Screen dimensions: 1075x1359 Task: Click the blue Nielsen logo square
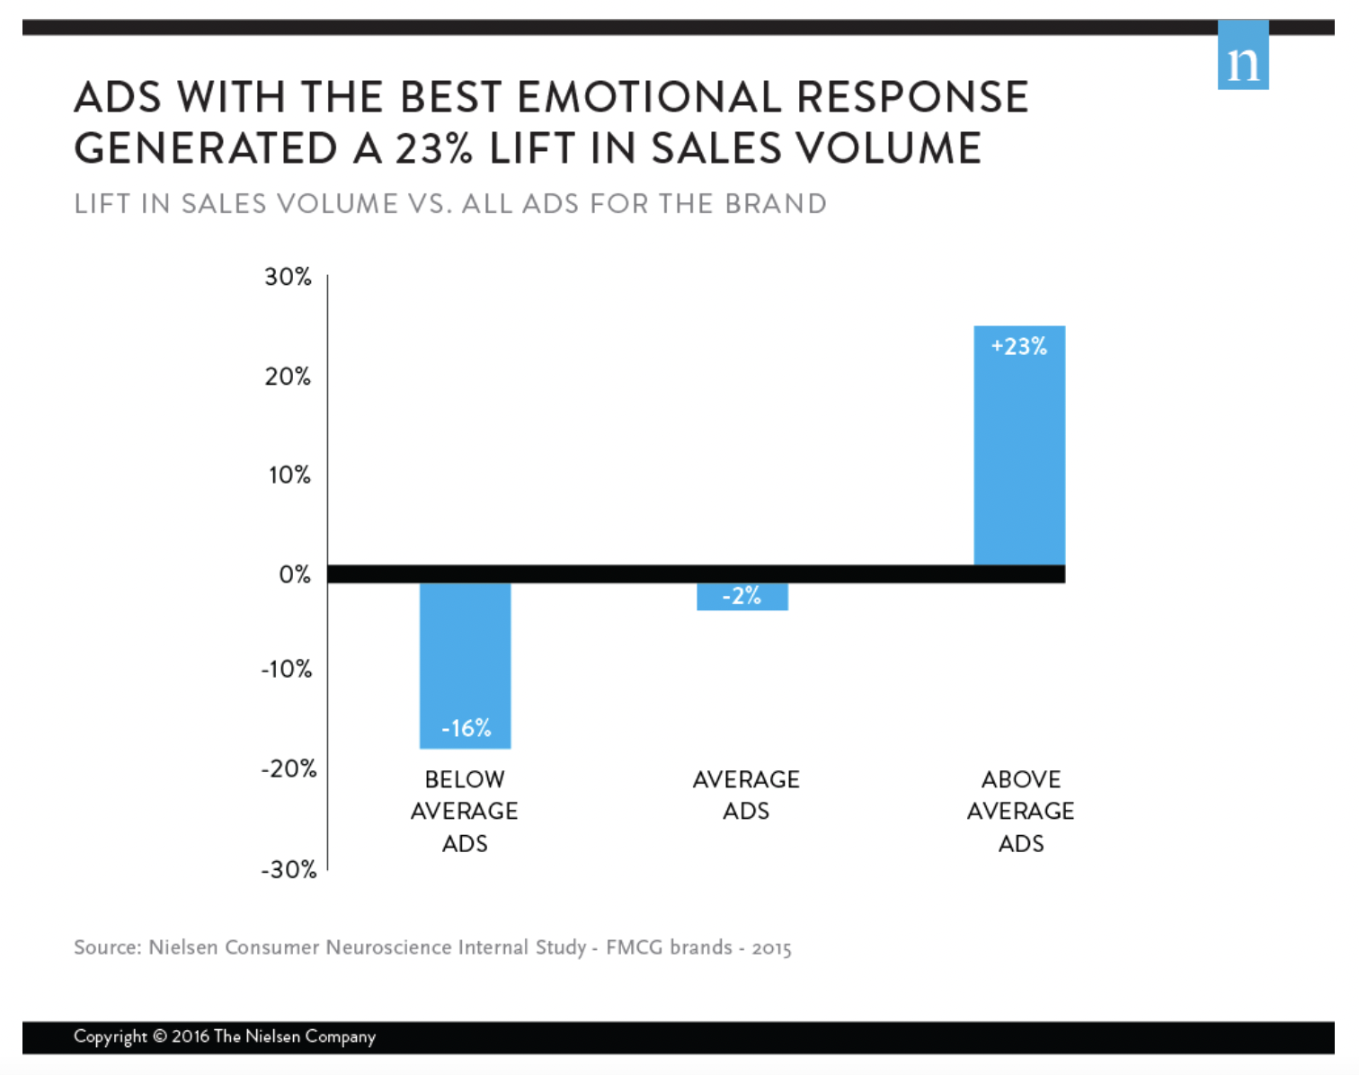(x=1242, y=56)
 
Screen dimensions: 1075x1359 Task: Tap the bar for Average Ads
(x=742, y=597)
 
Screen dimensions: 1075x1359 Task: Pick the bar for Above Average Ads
(x=1019, y=449)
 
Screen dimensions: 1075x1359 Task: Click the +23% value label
(x=1019, y=347)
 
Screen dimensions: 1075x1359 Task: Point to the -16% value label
(x=466, y=728)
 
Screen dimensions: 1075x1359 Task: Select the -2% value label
(x=742, y=596)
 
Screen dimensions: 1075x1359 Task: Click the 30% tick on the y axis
(x=288, y=277)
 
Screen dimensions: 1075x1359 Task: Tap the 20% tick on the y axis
(x=288, y=377)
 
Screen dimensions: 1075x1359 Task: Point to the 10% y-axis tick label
(x=289, y=475)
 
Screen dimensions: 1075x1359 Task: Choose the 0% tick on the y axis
(x=295, y=574)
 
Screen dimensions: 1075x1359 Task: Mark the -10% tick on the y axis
(x=287, y=670)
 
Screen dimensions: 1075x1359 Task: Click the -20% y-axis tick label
(x=289, y=769)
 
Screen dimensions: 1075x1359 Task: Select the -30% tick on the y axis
(x=289, y=870)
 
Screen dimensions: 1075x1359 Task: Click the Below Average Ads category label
(x=464, y=811)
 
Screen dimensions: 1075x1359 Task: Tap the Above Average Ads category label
(x=1020, y=811)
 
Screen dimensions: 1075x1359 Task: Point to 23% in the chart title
(x=434, y=148)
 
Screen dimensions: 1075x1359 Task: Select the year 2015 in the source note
(x=771, y=948)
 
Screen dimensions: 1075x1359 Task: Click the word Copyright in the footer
(x=111, y=1036)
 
